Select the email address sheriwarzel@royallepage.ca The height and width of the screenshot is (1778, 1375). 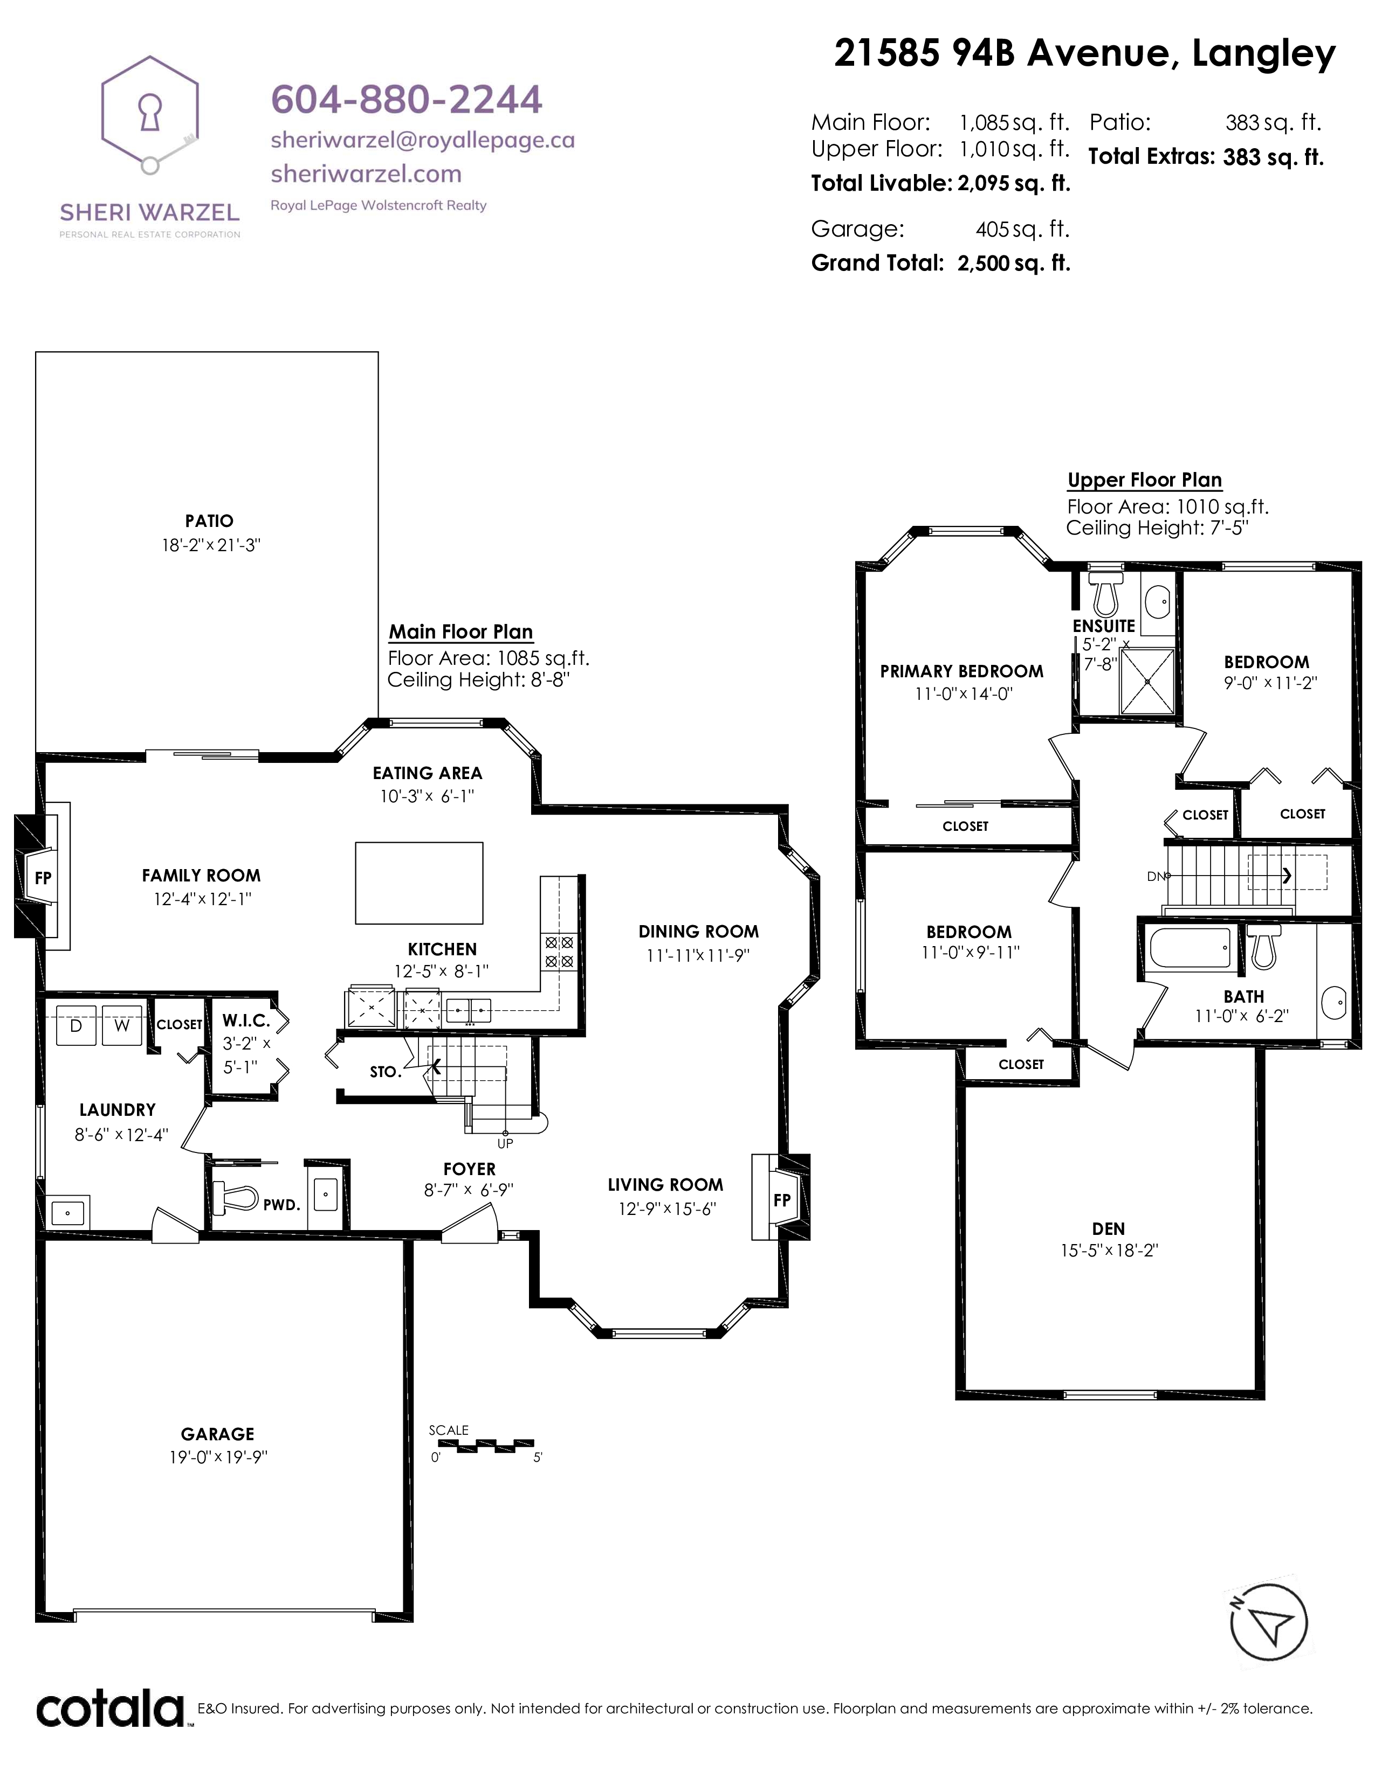point(423,140)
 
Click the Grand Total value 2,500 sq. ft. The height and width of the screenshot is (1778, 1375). point(1014,263)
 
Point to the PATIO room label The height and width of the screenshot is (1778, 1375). point(209,521)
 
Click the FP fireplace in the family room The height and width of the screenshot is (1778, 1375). point(43,878)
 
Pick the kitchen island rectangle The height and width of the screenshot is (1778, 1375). point(418,883)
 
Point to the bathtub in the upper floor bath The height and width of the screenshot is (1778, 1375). point(1190,948)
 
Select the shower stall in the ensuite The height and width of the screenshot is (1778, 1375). point(1148,682)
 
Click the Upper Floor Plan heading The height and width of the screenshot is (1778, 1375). point(1144,480)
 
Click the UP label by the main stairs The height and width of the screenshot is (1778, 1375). point(505,1143)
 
